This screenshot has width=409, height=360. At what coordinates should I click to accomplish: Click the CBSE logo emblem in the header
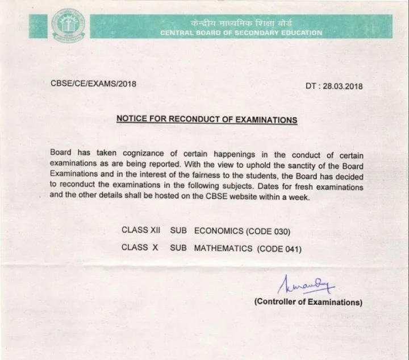point(68,24)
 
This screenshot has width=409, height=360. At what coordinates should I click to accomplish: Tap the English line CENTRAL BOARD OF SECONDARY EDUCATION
point(241,33)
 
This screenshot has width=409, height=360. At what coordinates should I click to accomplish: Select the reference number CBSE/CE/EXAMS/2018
point(94,84)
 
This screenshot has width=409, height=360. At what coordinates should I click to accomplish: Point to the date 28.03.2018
point(342,86)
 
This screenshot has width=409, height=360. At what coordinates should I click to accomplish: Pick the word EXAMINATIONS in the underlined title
point(265,120)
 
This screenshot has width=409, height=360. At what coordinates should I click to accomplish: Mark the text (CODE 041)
point(279,249)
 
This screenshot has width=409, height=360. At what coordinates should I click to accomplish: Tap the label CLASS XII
point(141,231)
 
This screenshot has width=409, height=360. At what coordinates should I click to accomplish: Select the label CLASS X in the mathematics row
point(139,249)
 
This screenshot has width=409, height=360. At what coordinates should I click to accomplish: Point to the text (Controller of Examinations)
point(308,302)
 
